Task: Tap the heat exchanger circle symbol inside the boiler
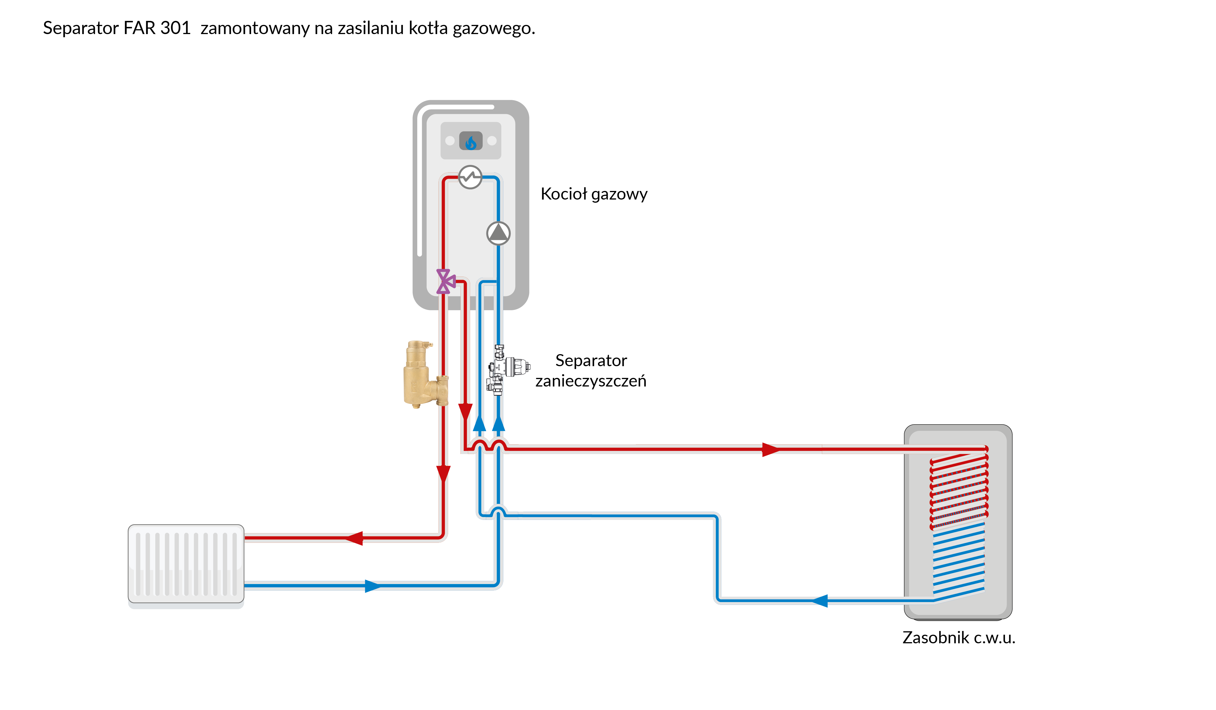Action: tap(470, 177)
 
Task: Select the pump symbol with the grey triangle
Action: tap(498, 233)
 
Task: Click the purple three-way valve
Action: tap(445, 282)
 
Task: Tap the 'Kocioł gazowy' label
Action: tap(593, 194)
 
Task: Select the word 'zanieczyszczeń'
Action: tap(591, 381)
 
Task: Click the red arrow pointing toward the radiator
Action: tap(355, 538)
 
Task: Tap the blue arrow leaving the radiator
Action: tap(373, 586)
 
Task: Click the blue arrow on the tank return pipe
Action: tap(820, 601)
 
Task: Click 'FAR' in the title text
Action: tap(140, 28)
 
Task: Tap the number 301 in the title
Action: tap(176, 28)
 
